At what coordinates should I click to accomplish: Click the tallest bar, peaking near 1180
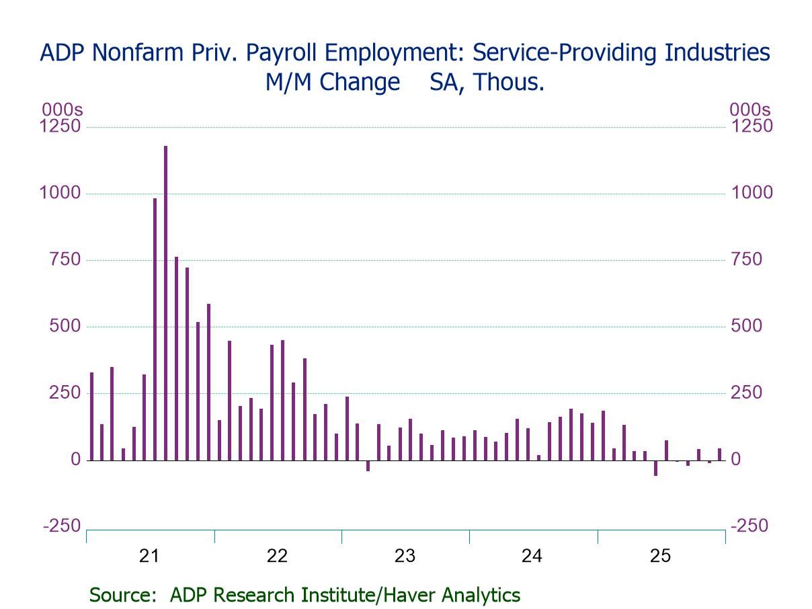[165, 302]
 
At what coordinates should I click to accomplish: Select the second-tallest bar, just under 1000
[155, 329]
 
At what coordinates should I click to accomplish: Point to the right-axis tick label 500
[746, 326]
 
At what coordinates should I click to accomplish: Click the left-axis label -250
[61, 526]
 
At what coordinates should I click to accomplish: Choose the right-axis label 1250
[751, 126]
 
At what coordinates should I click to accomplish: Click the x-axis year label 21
[149, 556]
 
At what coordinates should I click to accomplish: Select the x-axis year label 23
[405, 556]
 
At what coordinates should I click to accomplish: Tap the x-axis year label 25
[660, 556]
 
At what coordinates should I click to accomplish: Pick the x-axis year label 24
[532, 556]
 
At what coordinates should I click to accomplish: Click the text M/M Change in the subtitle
[332, 83]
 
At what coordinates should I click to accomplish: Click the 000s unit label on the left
[62, 110]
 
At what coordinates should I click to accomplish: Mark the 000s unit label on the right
[750, 110]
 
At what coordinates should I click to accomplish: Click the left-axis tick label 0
[76, 460]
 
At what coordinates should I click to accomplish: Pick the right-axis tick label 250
[746, 393]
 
